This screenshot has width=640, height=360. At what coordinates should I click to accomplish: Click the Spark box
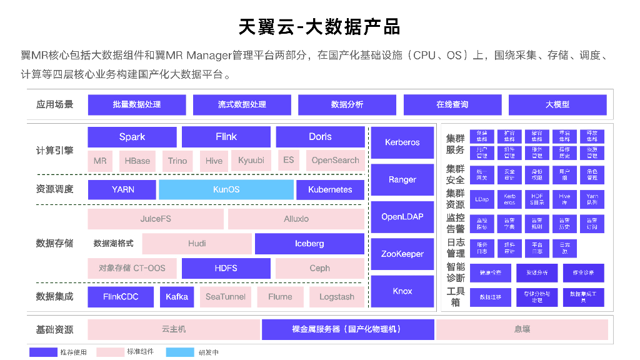click(x=132, y=137)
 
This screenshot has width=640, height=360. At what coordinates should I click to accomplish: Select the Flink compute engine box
click(x=226, y=137)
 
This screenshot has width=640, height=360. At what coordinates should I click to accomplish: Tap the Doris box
click(x=320, y=137)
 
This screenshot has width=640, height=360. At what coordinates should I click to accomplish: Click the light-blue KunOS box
click(x=226, y=189)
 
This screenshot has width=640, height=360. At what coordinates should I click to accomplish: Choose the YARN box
click(x=122, y=189)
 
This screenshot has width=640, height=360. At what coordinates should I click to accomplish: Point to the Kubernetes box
click(x=330, y=189)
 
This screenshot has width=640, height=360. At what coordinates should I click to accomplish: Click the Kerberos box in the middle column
click(x=402, y=142)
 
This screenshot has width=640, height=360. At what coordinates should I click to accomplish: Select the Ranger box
click(x=402, y=179)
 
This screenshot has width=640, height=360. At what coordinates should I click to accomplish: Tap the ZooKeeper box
click(x=402, y=254)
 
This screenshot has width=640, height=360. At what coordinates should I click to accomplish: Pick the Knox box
click(x=402, y=291)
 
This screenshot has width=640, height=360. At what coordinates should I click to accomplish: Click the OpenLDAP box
click(x=402, y=217)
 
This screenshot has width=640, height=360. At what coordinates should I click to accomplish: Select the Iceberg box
click(x=309, y=244)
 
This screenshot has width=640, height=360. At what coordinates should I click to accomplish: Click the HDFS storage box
click(x=226, y=268)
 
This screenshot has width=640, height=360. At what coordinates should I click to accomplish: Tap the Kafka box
click(x=177, y=297)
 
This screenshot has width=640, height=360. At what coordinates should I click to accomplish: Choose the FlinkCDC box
click(x=121, y=297)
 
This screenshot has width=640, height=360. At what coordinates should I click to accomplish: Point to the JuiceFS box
click(x=156, y=219)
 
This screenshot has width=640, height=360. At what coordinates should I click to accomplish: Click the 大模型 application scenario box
click(x=557, y=104)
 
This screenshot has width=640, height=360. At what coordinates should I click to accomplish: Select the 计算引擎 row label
click(x=54, y=151)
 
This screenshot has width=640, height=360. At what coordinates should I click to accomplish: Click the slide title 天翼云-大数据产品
click(x=319, y=27)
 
